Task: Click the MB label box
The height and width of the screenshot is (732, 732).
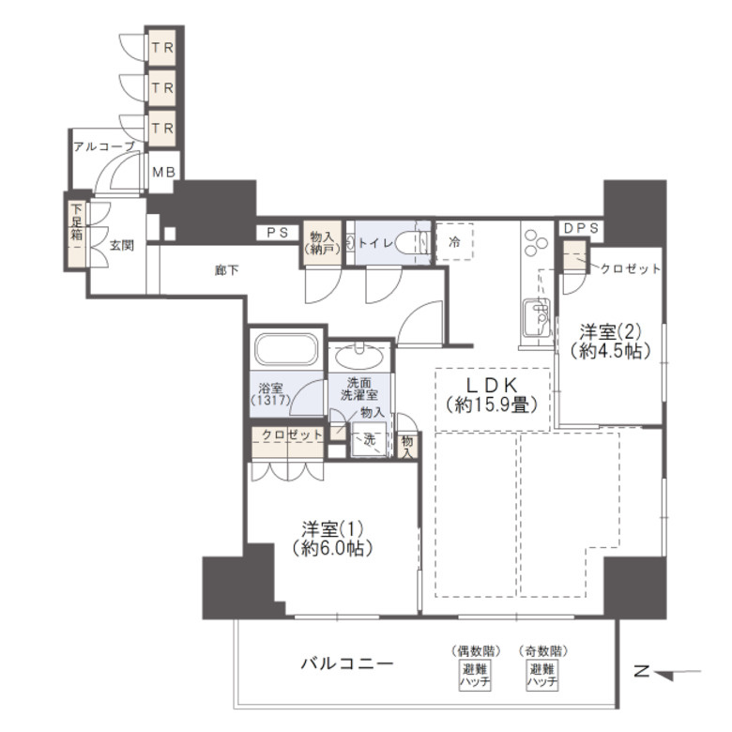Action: pos(163,173)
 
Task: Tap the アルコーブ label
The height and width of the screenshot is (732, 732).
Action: pos(103,145)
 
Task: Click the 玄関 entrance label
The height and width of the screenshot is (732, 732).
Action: pos(119,246)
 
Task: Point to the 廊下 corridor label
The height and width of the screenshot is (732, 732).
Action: pos(226,270)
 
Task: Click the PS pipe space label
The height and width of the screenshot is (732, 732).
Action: pos(276,233)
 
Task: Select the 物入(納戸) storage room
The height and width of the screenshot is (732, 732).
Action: pos(321,244)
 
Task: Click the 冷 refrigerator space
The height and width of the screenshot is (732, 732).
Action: pos(454,242)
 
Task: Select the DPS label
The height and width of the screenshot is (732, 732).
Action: pos(582,228)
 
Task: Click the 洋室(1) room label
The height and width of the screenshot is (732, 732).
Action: pos(325,537)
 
